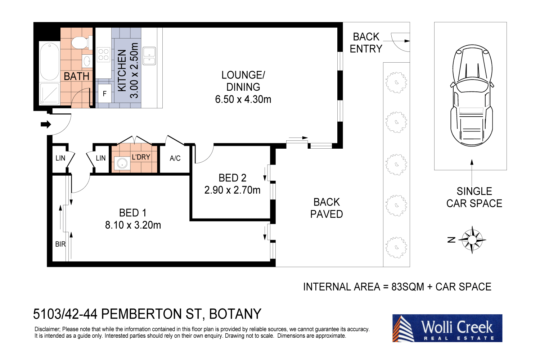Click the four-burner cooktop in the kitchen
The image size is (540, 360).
pos(103,55)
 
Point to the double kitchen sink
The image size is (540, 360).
pos(149,56)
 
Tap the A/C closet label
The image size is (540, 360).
pos(175,158)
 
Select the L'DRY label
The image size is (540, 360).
pos(141,157)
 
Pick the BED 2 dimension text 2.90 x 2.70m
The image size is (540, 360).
pos(232,190)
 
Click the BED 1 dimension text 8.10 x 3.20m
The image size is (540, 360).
pos(133,225)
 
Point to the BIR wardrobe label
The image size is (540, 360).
pos(60,244)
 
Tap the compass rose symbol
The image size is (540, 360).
pos(472,240)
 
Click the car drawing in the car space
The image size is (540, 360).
pos(471,96)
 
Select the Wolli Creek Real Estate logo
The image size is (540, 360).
pos(447,328)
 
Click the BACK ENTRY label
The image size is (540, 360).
pos(366,42)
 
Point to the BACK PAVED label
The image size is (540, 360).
pos(327,208)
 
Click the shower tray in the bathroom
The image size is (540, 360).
pos(49,94)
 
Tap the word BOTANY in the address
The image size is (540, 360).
pos(235,314)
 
